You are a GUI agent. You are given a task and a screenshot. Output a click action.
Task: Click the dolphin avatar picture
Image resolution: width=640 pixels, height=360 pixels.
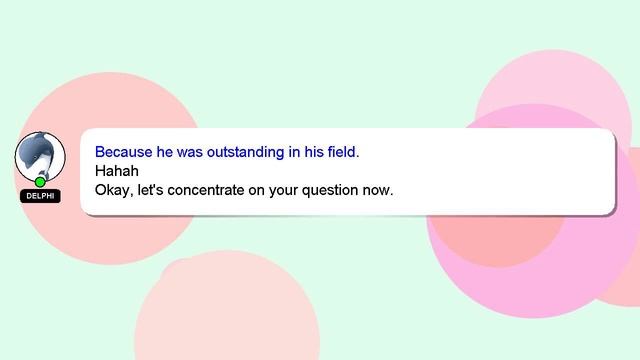pyautogui.click(x=40, y=157)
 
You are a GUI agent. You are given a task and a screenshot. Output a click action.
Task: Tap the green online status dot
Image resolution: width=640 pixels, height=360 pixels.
pyautogui.click(x=40, y=182)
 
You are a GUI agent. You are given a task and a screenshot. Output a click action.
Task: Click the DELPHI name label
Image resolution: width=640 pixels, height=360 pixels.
pyautogui.click(x=40, y=196)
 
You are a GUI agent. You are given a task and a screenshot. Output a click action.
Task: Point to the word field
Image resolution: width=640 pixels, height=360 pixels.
pyautogui.click(x=341, y=153)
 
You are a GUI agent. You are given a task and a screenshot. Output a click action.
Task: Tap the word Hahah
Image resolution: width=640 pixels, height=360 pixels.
pyautogui.click(x=116, y=171)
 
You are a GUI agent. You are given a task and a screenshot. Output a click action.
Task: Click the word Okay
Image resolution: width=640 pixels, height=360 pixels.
pyautogui.click(x=114, y=189)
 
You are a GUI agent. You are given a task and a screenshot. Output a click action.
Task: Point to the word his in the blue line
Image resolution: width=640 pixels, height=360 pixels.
pyautogui.click(x=313, y=153)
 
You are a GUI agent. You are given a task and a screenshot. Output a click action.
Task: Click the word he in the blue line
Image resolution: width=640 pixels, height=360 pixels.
pyautogui.click(x=166, y=153)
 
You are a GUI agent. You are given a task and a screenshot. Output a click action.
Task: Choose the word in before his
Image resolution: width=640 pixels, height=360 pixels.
pyautogui.click(x=295, y=153)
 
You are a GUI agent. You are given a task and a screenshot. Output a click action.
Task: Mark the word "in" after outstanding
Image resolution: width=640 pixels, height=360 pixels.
pyautogui.click(x=295, y=153)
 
